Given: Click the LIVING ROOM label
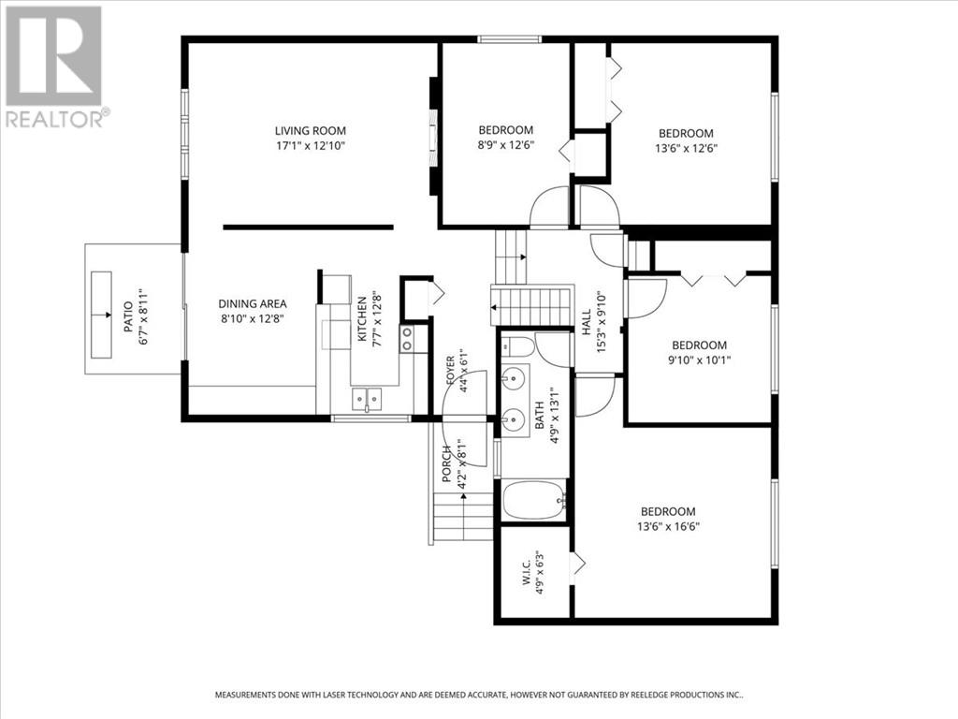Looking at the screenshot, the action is (x=311, y=130).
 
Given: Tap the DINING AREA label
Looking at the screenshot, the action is (x=253, y=304).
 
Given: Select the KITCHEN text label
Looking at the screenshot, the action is (x=362, y=319).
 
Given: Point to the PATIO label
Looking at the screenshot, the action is (x=128, y=316).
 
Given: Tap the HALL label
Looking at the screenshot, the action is (x=587, y=322).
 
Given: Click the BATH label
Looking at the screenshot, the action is (x=540, y=414).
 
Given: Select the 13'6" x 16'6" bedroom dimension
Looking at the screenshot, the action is (x=668, y=526).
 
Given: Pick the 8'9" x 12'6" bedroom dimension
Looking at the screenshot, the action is (x=506, y=145).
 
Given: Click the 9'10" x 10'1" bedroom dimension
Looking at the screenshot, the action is (x=700, y=360).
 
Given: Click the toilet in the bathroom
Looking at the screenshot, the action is (x=519, y=346).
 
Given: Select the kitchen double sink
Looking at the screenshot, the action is (x=367, y=399).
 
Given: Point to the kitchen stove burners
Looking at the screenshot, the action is (x=407, y=339).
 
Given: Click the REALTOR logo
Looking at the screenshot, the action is (x=55, y=67).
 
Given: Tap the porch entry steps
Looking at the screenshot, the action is (x=463, y=517).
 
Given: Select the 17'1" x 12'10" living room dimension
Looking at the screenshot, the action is (x=311, y=146).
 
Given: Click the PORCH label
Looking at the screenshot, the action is (x=447, y=463).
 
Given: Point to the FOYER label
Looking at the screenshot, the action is (x=451, y=371).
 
